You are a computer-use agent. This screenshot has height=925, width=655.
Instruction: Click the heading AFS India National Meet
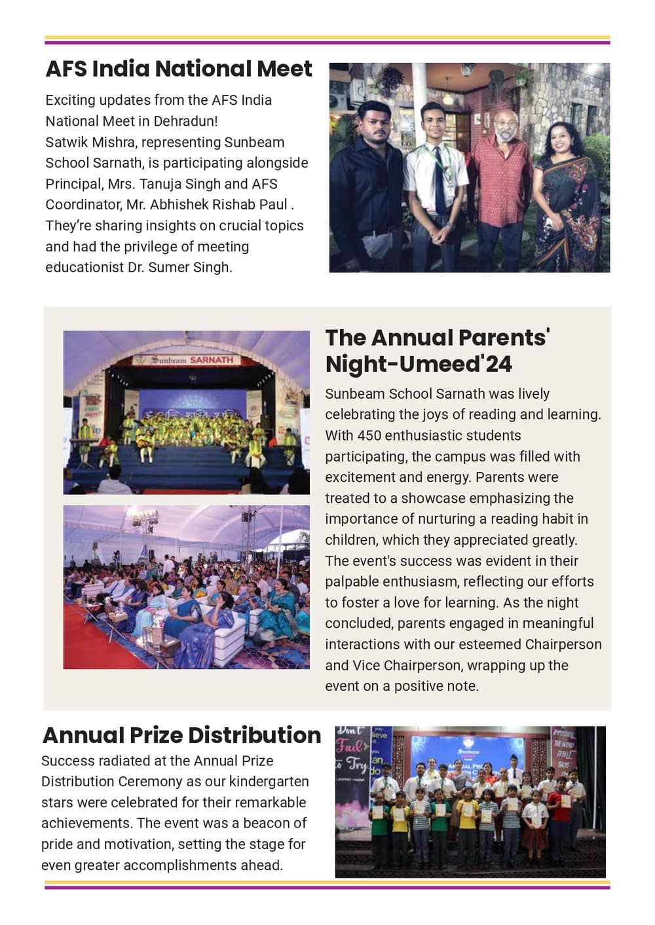pyautogui.click(x=178, y=69)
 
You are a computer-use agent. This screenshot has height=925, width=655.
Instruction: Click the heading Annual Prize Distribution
pyautogui.click(x=181, y=735)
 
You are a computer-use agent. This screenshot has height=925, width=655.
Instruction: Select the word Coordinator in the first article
pyautogui.click(x=83, y=205)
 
